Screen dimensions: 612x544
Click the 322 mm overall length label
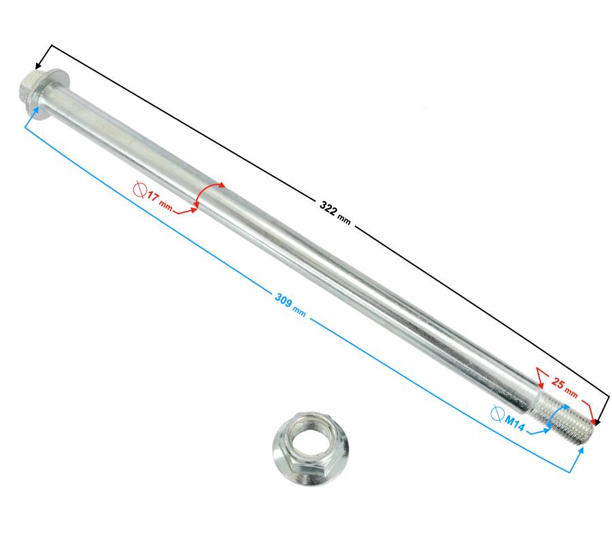pyautogui.click(x=335, y=213)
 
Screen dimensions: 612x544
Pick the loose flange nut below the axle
pyautogui.click(x=310, y=448)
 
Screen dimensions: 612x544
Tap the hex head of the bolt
pyautogui.click(x=28, y=88)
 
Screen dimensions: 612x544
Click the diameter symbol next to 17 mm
pyautogui.click(x=139, y=190)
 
